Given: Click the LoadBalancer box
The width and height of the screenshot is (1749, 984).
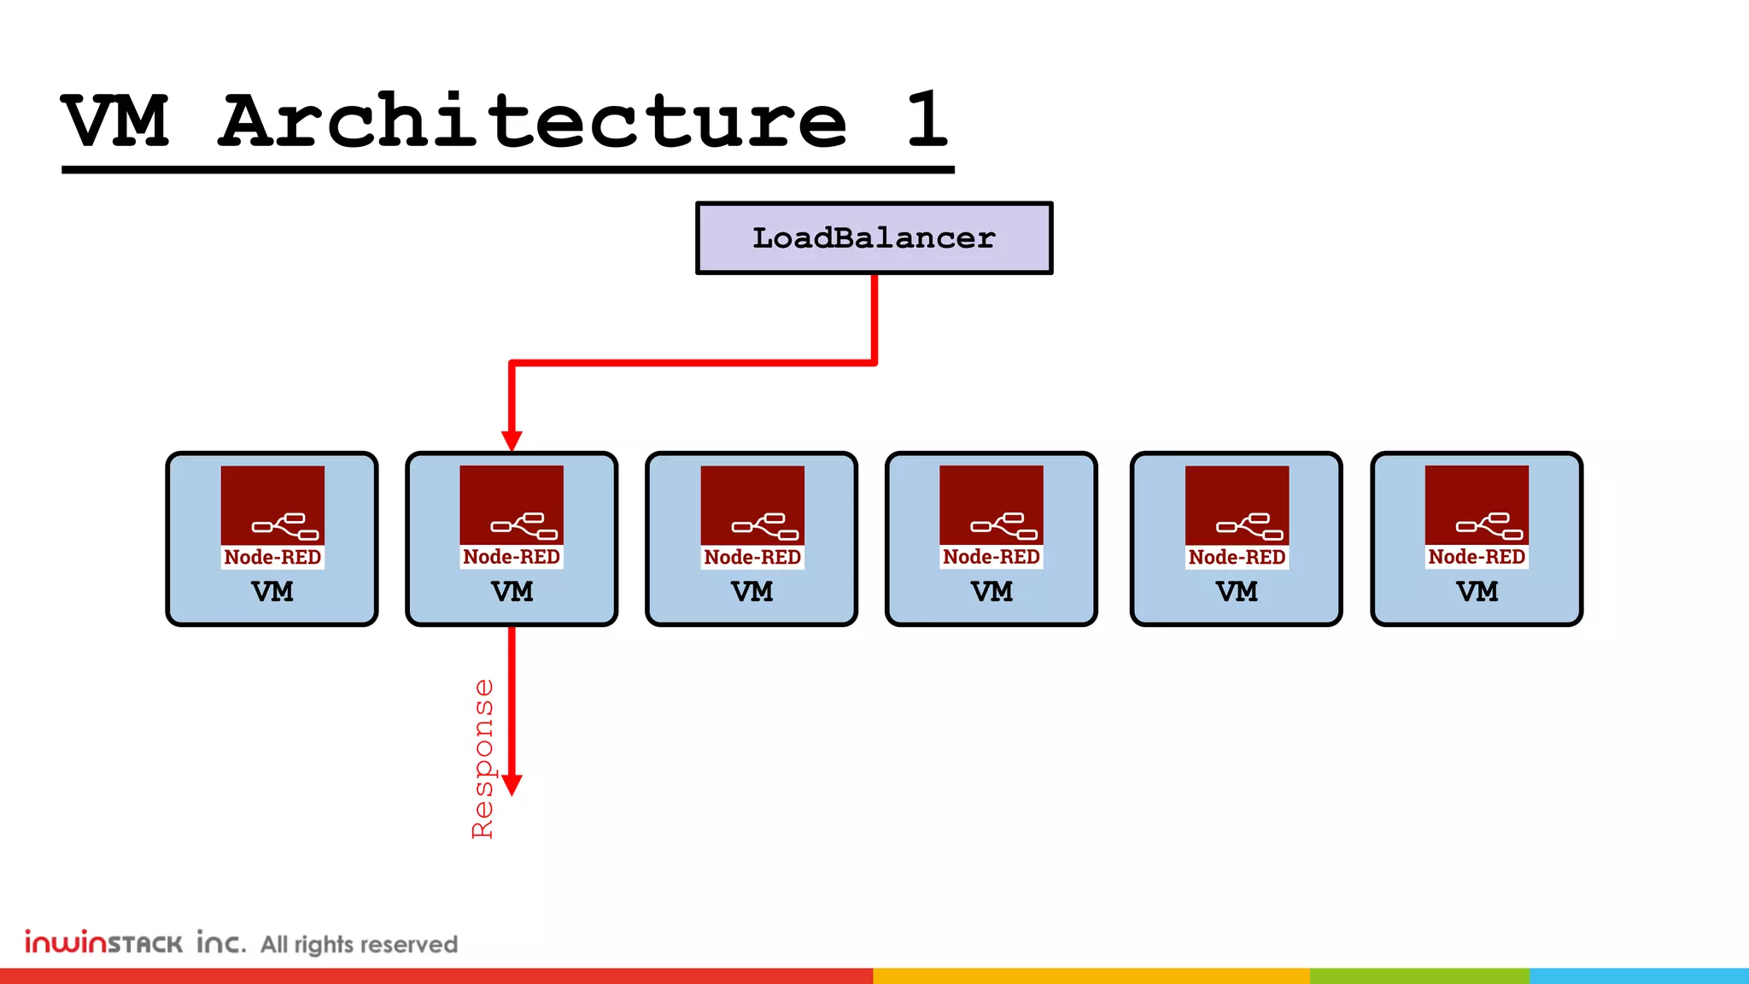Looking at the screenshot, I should tap(874, 238).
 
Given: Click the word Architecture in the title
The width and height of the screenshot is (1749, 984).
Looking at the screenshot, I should tap(533, 120).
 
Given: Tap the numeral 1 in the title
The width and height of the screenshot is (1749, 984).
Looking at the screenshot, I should tap(927, 120).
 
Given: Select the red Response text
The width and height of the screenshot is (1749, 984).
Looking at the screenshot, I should tap(483, 758).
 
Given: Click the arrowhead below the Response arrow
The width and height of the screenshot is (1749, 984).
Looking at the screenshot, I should tap(512, 784).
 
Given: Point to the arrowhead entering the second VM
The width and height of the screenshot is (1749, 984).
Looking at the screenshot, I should tap(512, 441).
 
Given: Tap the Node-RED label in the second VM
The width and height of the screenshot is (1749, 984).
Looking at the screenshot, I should tap(512, 557).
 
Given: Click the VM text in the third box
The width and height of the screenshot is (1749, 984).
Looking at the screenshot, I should tap(752, 592).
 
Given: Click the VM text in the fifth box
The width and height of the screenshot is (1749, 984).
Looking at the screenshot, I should tap(1237, 592).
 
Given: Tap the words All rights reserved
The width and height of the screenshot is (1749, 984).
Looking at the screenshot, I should tap(359, 945).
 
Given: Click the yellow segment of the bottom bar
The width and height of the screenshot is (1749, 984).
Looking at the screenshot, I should tap(1091, 975).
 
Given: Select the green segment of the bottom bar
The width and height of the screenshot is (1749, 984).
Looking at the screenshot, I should tap(1419, 975).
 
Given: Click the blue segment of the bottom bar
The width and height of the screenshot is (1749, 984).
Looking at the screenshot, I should tap(1639, 975).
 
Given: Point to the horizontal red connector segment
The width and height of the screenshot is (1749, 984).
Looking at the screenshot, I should tap(693, 363).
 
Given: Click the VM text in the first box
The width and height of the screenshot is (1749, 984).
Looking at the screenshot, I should tap(272, 592).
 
